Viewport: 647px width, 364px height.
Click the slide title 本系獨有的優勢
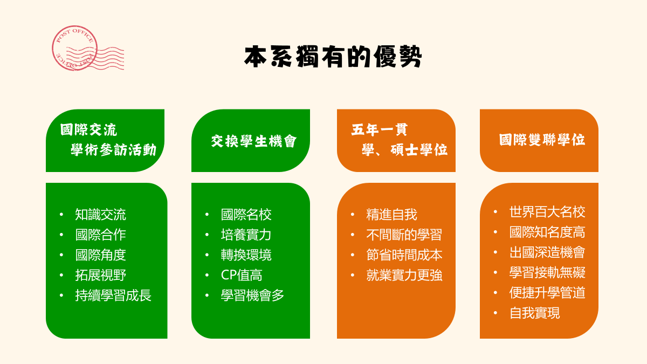[333, 56]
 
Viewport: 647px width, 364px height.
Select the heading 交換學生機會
[253, 141]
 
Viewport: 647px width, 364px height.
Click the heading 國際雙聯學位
[542, 140]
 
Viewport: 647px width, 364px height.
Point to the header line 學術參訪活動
[114, 150]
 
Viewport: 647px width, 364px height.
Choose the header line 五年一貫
[379, 129]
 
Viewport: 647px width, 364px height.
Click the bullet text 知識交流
[100, 215]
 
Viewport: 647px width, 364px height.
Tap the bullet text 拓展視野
[100, 275]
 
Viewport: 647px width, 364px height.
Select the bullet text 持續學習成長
[113, 296]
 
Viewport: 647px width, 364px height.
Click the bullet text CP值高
[242, 275]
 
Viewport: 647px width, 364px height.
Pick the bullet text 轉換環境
[246, 255]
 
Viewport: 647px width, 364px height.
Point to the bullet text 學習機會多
[252, 296]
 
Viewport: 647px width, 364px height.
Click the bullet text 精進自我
[391, 215]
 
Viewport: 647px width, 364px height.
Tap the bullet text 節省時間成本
[404, 255]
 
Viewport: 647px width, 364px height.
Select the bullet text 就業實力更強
[404, 275]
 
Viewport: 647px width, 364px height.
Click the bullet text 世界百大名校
[547, 212]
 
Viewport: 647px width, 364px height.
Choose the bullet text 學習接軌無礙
[547, 272]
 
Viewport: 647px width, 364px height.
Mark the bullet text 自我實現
[535, 313]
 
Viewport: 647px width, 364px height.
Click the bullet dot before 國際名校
[207, 215]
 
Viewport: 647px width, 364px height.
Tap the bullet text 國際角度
[100, 255]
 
